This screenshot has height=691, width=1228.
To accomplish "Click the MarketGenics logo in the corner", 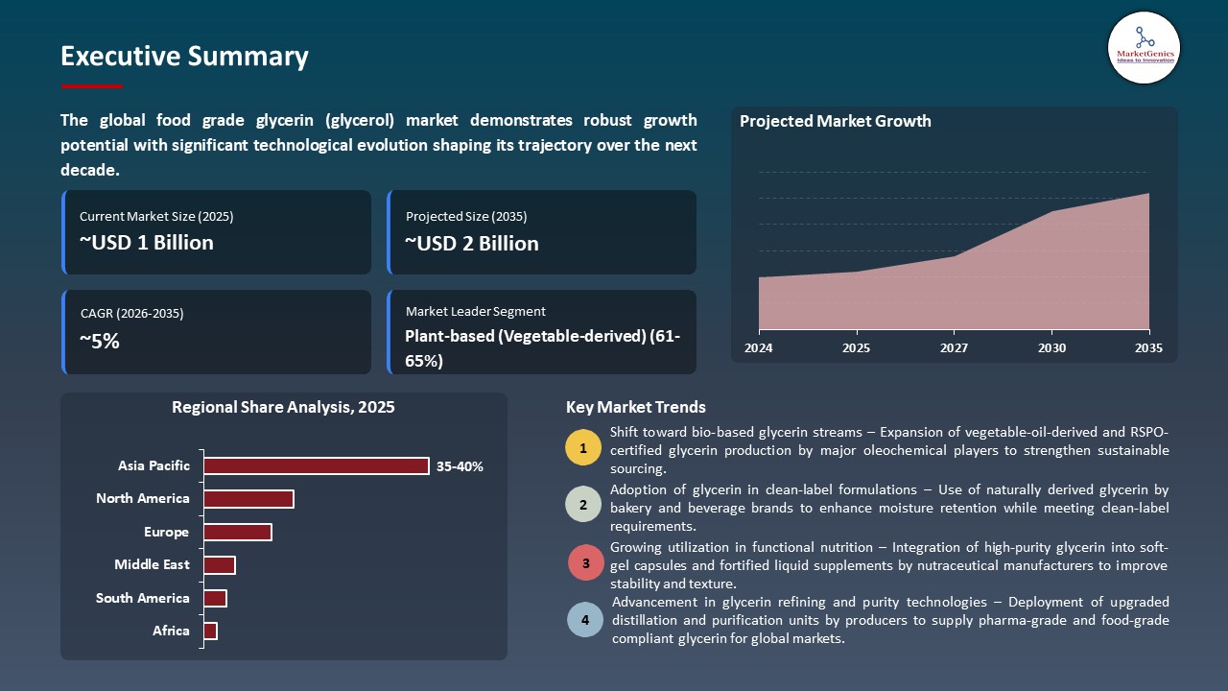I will [x=1144, y=47].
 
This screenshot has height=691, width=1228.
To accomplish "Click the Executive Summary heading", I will [x=184, y=57].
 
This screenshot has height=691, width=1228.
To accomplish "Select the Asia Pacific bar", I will [x=316, y=465].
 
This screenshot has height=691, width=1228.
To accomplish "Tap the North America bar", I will [x=248, y=499].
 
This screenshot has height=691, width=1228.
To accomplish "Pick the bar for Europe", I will [x=238, y=532].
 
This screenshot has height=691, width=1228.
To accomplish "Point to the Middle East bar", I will [x=220, y=565].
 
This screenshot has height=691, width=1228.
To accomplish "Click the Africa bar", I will [x=211, y=631].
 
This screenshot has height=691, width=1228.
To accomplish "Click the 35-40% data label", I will [x=460, y=466].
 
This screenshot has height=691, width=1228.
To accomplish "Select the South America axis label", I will [x=143, y=598].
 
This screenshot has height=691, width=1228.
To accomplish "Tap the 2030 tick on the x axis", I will [x=1051, y=347].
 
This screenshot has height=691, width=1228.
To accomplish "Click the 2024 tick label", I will [x=759, y=347].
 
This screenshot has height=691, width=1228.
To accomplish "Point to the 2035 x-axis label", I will [x=1148, y=347].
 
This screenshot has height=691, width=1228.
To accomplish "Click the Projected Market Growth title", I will [x=835, y=121].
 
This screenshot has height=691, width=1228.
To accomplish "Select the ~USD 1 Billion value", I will [x=147, y=243].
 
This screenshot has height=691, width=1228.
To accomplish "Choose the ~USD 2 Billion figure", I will [x=472, y=244].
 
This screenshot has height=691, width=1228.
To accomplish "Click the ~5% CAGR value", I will [x=100, y=341].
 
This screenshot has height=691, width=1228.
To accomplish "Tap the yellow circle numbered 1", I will [x=583, y=447].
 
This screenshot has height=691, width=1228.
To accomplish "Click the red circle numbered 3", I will [x=585, y=563].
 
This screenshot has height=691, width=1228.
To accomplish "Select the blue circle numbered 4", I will [x=585, y=619].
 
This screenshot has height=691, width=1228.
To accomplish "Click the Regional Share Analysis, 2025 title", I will [x=283, y=407].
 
